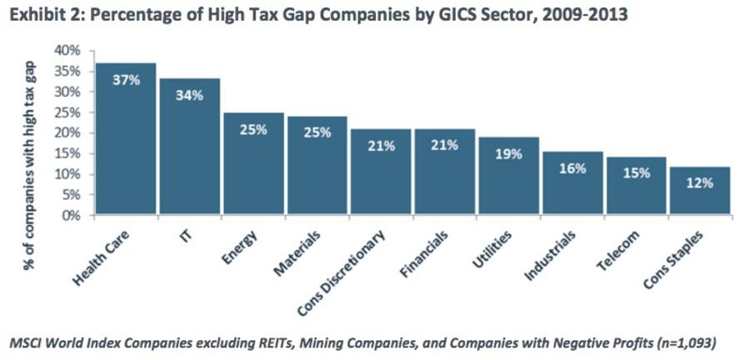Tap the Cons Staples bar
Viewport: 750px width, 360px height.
(x=700, y=191)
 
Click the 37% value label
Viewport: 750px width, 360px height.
(x=125, y=81)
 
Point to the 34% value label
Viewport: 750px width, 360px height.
(x=189, y=96)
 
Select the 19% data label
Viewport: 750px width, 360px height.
(x=508, y=153)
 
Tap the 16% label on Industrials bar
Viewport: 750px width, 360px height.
(x=572, y=167)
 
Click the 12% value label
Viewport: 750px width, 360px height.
(x=700, y=182)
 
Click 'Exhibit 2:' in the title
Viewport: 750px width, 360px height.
(x=40, y=14)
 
